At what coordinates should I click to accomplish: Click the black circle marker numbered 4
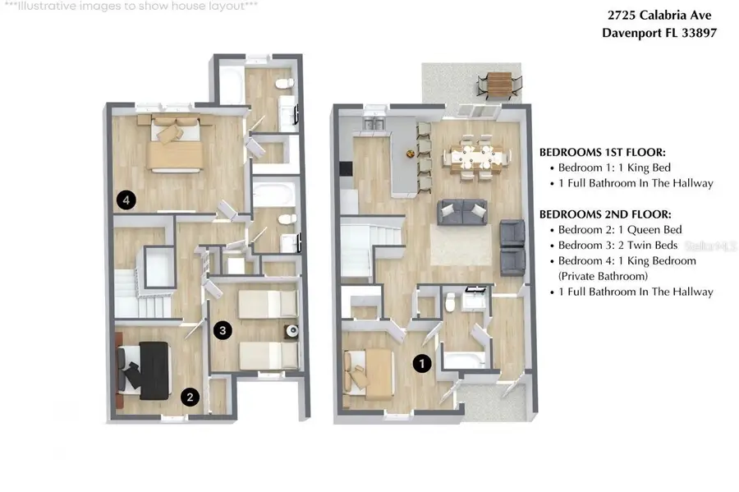[x=126, y=199]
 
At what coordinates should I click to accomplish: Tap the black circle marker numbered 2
[x=190, y=398]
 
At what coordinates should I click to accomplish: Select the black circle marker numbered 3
[x=222, y=330]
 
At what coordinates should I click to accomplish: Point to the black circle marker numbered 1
[x=422, y=362]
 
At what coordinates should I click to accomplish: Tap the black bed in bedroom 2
[x=148, y=371]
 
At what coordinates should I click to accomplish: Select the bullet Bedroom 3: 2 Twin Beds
[x=618, y=246]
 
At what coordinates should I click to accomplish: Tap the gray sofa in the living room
[x=462, y=212]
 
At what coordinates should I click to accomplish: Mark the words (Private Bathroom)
[x=603, y=276]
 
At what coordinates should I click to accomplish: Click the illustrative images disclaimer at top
[x=131, y=6]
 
